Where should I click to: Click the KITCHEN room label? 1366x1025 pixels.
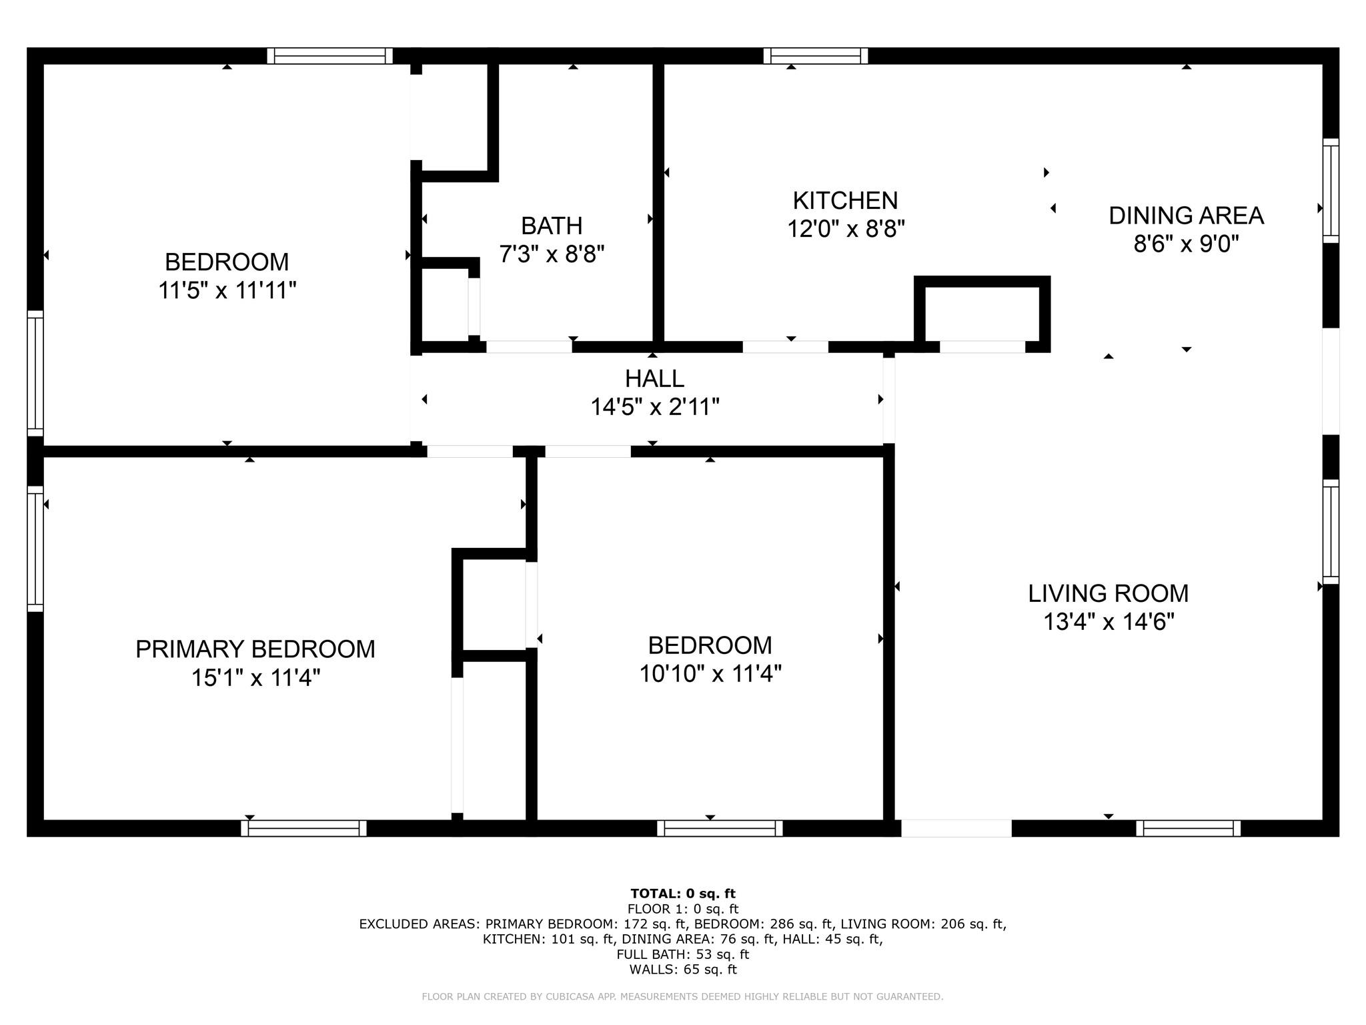(845, 200)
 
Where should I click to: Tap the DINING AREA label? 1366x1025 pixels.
(1186, 216)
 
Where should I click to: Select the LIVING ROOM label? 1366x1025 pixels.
(1108, 593)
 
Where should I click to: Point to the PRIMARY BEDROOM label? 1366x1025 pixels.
(255, 649)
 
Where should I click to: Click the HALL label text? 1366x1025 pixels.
(654, 378)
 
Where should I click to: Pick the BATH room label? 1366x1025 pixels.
(552, 226)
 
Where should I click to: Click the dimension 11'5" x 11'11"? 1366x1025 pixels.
(227, 290)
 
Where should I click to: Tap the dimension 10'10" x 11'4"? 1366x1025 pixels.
(710, 674)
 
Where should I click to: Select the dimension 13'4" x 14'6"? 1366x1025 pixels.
(1109, 622)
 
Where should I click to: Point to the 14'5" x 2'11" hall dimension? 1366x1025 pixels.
(654, 406)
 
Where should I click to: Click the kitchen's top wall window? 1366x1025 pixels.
(816, 55)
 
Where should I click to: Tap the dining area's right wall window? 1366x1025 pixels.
(1331, 191)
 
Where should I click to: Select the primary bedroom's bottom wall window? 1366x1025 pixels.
(303, 828)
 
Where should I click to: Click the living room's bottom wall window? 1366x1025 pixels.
(1188, 828)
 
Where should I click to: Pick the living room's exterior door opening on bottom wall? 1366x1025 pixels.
(956, 828)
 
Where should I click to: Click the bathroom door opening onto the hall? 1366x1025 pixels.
(529, 347)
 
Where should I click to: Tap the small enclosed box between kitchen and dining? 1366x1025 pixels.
(982, 314)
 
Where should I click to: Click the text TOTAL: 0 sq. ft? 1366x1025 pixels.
(683, 894)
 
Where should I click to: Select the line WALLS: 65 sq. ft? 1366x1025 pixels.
(683, 970)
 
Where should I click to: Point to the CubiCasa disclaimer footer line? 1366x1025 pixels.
(682, 997)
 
